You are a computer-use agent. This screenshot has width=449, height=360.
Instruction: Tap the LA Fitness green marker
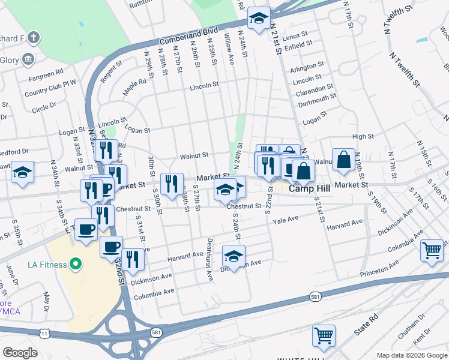point(75,263)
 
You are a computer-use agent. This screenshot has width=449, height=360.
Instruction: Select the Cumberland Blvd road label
point(188,36)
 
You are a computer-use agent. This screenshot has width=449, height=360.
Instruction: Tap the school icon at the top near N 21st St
point(259,19)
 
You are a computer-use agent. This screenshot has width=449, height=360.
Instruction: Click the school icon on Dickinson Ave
point(234,256)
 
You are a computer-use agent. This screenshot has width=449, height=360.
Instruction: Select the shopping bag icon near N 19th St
point(344,160)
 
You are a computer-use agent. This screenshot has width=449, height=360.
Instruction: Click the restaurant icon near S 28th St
point(172,183)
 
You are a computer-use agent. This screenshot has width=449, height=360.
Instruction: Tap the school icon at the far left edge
point(23,172)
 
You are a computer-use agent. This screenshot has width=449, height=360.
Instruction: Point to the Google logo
point(20,353)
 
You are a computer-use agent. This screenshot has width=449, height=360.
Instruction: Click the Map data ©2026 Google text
point(412,355)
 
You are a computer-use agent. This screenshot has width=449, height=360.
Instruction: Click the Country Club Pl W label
point(50,82)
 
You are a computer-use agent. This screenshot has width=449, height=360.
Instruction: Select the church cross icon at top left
point(33,38)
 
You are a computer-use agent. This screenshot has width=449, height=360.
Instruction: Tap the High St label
point(364,137)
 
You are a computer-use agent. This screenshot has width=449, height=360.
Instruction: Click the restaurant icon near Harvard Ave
point(133,259)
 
